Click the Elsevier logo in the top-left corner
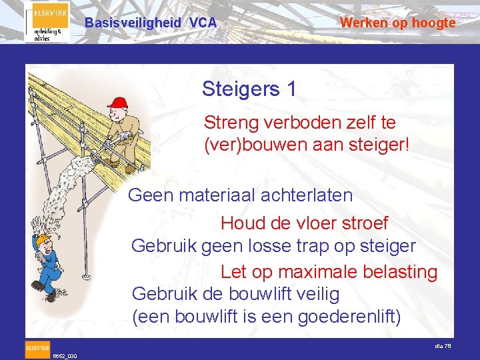47,22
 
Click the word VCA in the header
203,23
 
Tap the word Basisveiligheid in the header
133,23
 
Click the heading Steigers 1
249,89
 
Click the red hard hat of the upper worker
118,102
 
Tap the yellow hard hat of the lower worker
43,238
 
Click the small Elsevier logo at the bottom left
37,347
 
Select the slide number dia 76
443,345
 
